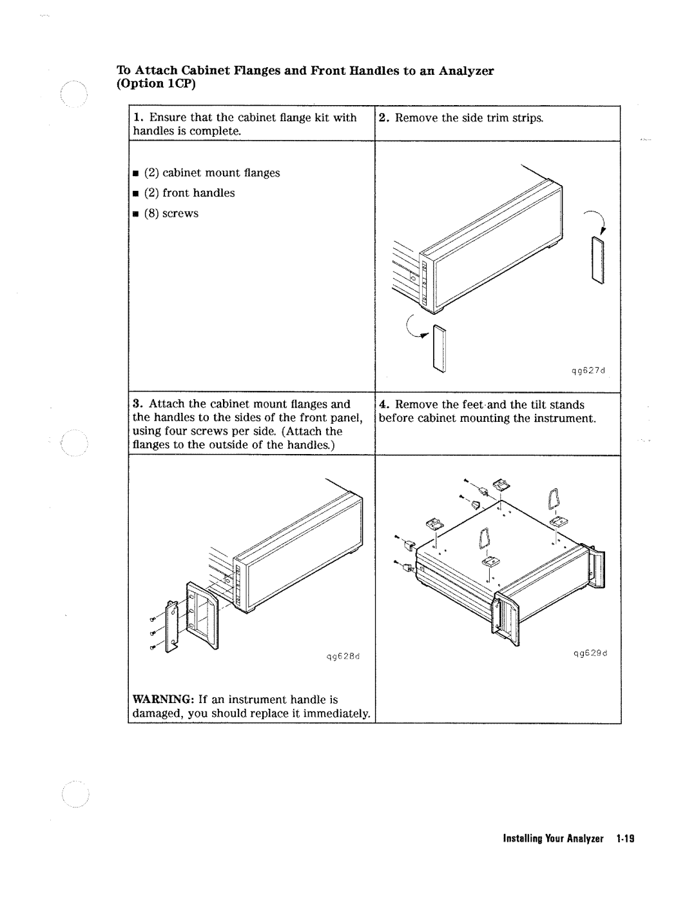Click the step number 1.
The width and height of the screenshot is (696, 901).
click(x=137, y=118)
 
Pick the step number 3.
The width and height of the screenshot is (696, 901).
click(x=137, y=404)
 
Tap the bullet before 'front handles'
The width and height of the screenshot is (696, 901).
click(x=137, y=193)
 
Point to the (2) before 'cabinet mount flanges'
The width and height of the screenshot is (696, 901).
click(x=151, y=173)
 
